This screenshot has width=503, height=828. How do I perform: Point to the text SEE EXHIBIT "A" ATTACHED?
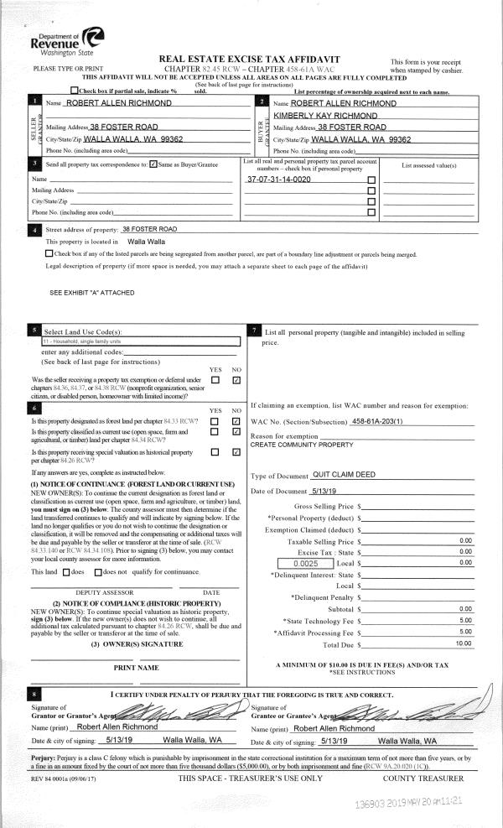tap(92, 293)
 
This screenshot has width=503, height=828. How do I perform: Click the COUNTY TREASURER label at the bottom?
tap(429, 779)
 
